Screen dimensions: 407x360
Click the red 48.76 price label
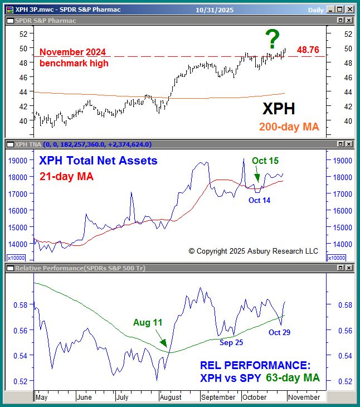pos(308,50)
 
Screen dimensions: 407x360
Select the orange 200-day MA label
pos(289,127)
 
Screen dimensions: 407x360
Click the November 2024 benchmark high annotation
pos(74,58)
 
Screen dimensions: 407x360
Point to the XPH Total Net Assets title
pos(98,161)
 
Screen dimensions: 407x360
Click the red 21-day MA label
pos(66,176)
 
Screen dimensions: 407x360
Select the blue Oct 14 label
pos(259,200)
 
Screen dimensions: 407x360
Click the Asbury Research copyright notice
pos(253,251)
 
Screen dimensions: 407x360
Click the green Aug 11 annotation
pos(147,322)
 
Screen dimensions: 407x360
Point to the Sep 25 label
pos(231,342)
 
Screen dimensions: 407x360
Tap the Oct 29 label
pos(280,332)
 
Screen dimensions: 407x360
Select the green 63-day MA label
pos(292,378)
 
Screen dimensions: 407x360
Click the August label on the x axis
pos(170,398)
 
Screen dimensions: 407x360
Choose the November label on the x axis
pos(304,398)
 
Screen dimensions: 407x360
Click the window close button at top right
pos(349,9)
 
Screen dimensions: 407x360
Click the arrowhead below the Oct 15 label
pos(257,180)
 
